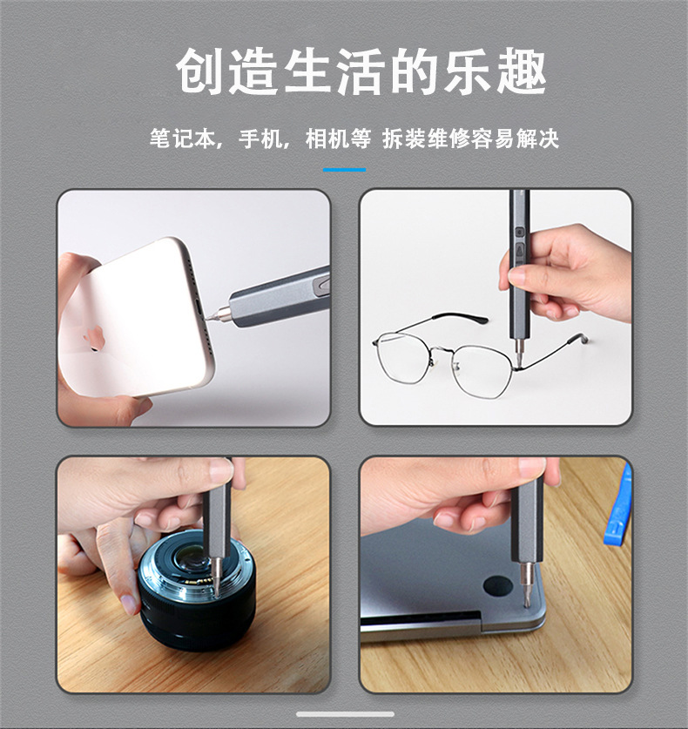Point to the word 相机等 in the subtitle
tap(338, 138)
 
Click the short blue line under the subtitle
tap(344, 170)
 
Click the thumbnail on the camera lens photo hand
tap(220, 471)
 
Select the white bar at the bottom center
tap(344, 714)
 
